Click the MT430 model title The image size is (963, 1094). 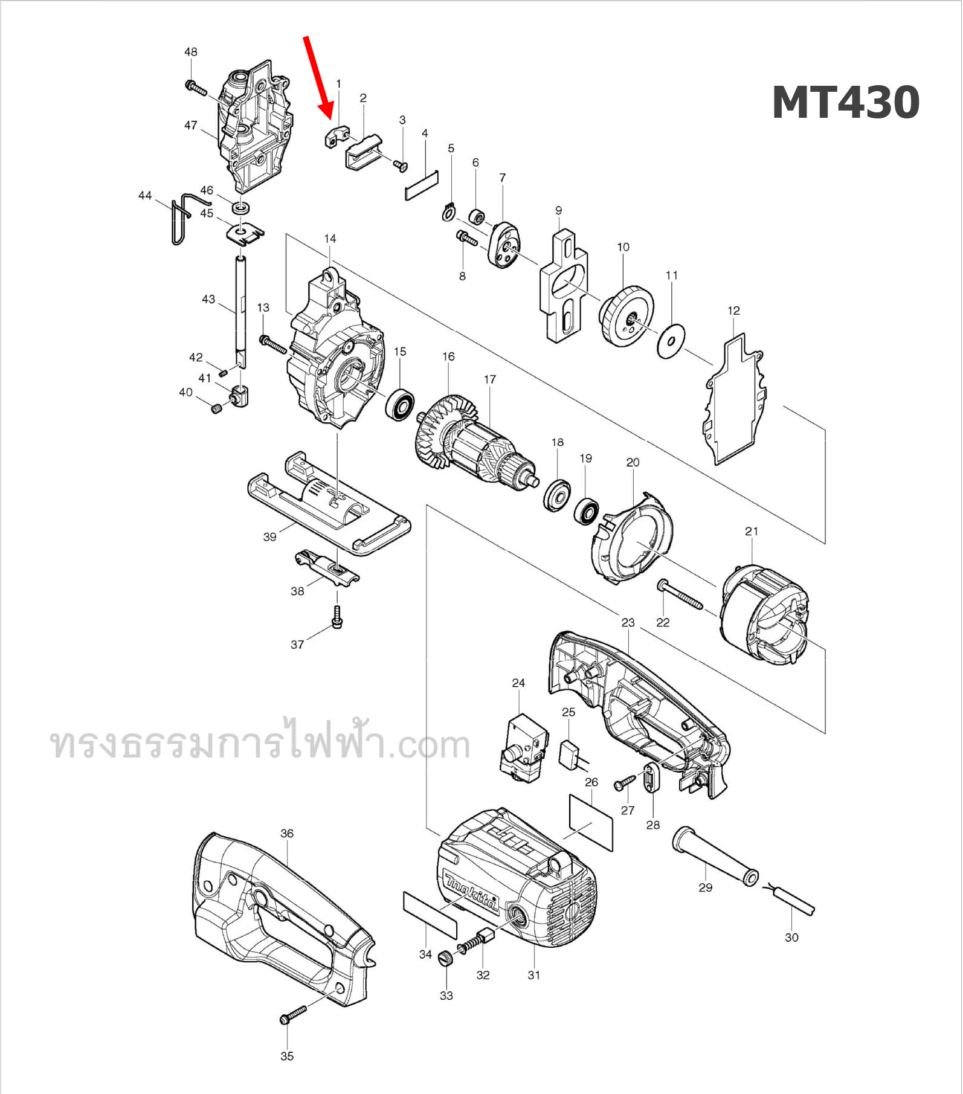(845, 103)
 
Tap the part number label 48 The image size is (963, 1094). (190, 52)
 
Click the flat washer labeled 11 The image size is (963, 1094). (671, 341)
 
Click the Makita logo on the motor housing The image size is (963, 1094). (470, 890)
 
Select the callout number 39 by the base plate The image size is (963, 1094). (269, 536)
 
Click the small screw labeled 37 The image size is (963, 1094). (337, 617)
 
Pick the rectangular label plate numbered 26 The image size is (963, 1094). (590, 822)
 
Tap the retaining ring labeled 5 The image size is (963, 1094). (447, 213)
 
